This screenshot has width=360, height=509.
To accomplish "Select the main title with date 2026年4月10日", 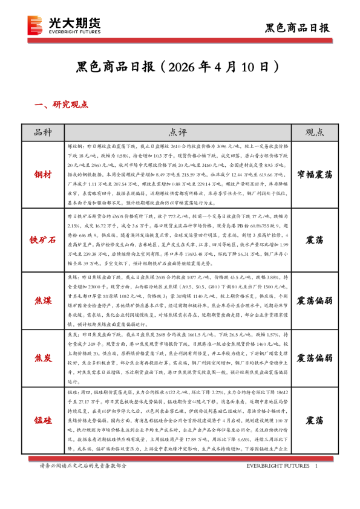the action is point(180,65).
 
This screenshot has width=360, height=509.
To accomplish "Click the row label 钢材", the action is point(43,174).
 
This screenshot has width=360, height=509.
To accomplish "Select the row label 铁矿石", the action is point(43,239).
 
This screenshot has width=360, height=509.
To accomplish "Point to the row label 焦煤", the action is point(43,300).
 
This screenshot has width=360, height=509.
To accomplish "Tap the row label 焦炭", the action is point(43,357).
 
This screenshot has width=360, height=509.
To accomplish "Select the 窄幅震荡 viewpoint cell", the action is point(314,174).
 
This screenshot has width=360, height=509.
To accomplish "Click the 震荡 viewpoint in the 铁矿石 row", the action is point(314,239).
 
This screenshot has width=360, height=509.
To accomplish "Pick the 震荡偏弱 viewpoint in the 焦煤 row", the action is point(314,300).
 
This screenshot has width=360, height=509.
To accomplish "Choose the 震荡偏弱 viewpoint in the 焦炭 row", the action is point(314,357).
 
